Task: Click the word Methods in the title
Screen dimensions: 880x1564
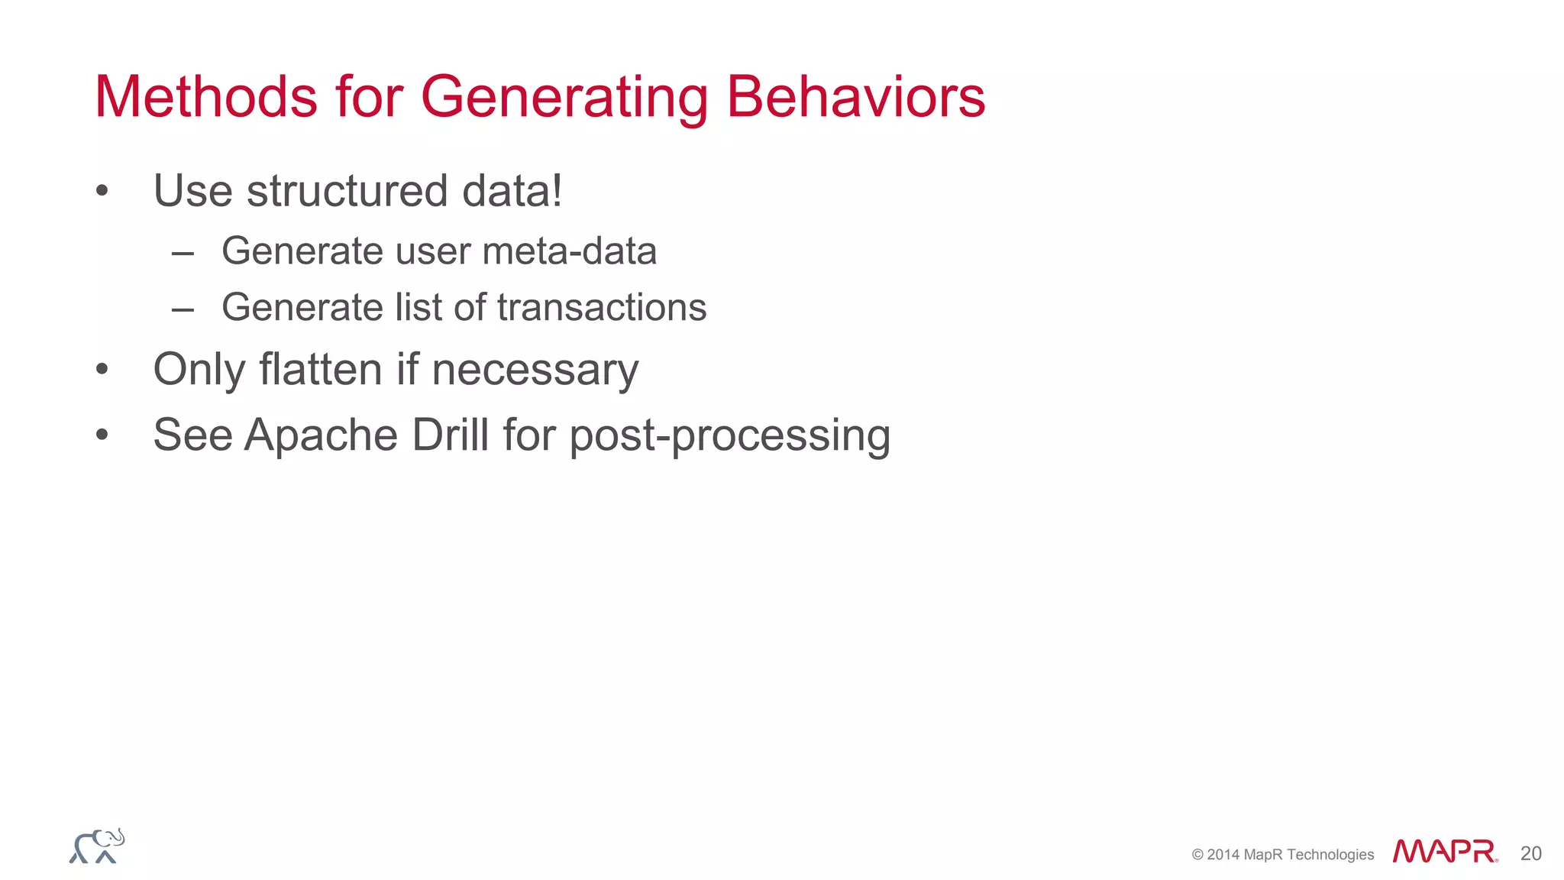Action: coord(206,97)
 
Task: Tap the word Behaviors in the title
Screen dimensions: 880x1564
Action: coord(855,97)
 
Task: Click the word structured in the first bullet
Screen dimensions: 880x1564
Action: coord(347,191)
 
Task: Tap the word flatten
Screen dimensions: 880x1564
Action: coord(321,370)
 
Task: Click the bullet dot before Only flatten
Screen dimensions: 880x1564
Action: coord(102,370)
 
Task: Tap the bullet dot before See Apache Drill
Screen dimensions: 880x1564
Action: coord(102,435)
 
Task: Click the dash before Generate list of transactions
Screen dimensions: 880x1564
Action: coord(183,309)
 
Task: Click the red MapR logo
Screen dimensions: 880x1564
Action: coord(1443,851)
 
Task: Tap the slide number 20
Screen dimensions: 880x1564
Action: coord(1530,853)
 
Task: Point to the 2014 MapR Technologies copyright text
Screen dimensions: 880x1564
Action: coord(1282,855)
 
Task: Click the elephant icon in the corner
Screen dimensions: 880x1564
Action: coord(97,846)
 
